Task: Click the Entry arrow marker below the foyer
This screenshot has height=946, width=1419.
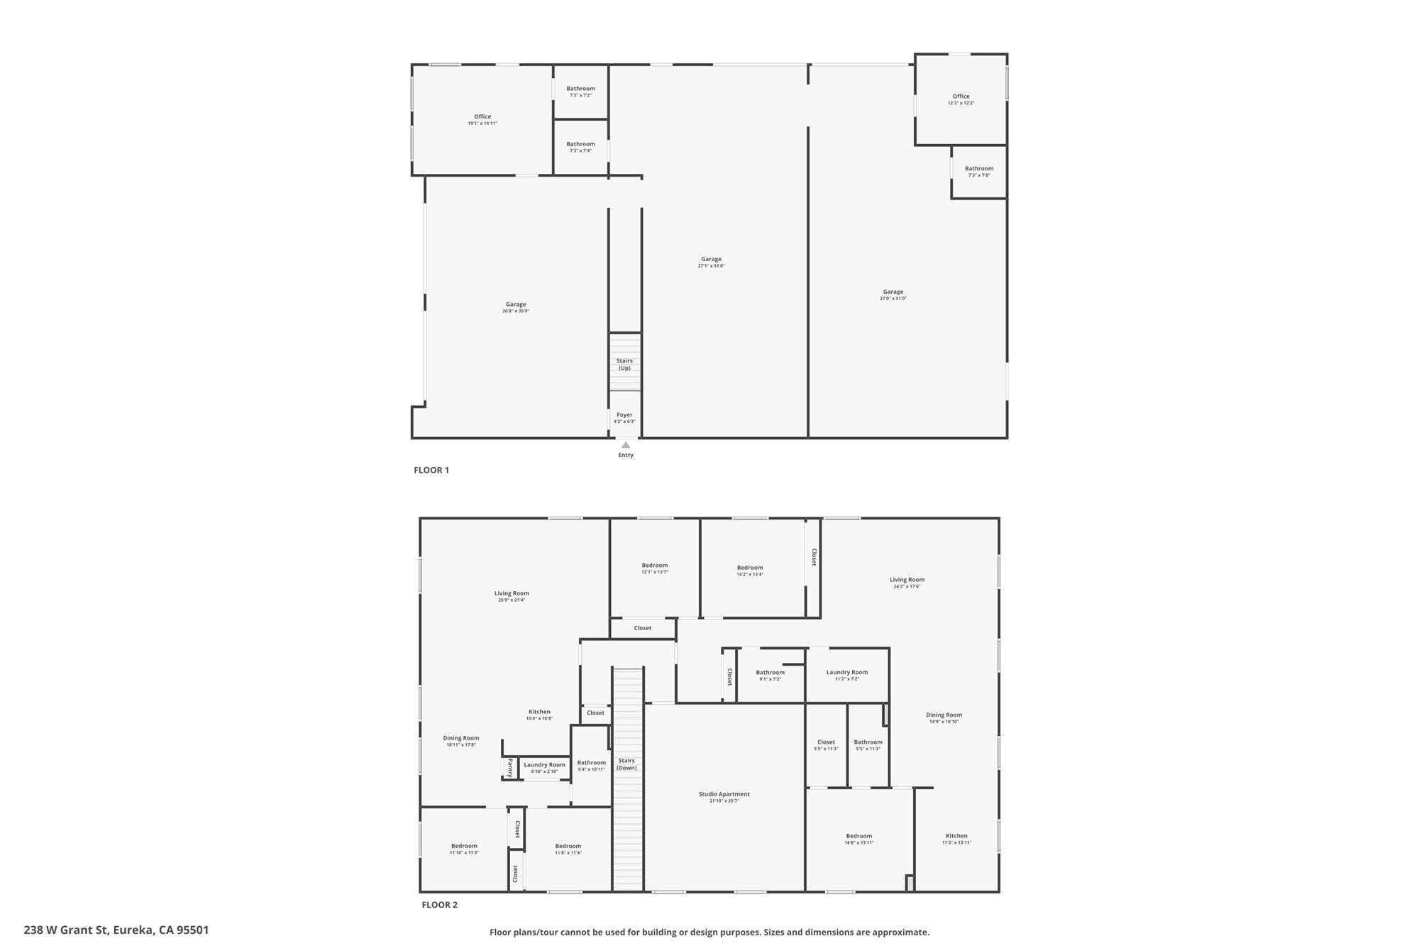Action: [x=625, y=446]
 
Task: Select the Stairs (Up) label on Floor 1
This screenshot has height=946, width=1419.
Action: [x=624, y=364]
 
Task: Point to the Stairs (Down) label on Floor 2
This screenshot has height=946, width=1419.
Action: [x=626, y=764]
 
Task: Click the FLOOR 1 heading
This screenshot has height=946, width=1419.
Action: [x=431, y=470]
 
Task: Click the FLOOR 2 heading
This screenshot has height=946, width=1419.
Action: [x=440, y=905]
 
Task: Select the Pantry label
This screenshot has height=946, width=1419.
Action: [x=509, y=767]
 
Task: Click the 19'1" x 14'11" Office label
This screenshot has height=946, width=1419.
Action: [x=482, y=120]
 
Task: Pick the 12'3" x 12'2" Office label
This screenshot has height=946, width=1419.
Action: [x=961, y=99]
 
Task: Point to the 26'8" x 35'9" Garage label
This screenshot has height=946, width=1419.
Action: [x=516, y=307]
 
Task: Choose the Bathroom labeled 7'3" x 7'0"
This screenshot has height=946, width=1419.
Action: [x=979, y=172]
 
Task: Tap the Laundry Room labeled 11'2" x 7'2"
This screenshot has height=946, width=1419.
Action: [x=847, y=675]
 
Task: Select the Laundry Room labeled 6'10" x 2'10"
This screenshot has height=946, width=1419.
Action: [x=545, y=767]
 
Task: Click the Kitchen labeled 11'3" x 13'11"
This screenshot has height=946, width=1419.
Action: [x=956, y=839]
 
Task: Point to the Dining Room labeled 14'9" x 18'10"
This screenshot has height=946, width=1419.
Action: [x=944, y=718]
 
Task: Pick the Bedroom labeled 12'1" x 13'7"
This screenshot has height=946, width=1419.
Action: [x=655, y=568]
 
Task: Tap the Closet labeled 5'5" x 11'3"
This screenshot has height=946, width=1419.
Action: [x=826, y=745]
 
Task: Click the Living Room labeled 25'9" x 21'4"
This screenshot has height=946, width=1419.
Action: [x=512, y=596]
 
